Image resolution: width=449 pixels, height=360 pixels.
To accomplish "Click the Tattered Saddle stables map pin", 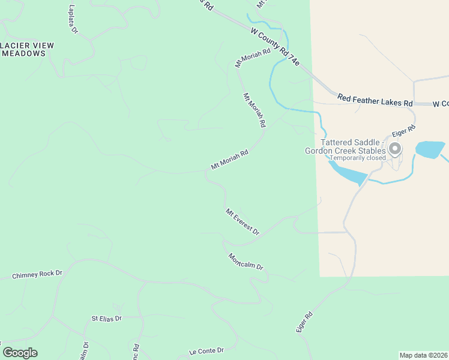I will click(x=395, y=148).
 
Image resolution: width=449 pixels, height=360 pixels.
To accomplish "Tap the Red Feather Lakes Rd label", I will click(x=375, y=100).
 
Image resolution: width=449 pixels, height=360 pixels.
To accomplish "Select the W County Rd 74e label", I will click(x=275, y=45).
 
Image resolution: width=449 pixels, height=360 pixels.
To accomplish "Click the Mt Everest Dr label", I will click(x=243, y=221).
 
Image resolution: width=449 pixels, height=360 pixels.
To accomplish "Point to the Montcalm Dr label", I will click(x=246, y=261).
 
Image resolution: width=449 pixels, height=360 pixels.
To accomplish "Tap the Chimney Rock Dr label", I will click(x=37, y=274).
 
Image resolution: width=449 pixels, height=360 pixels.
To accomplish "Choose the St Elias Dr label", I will click(x=106, y=318).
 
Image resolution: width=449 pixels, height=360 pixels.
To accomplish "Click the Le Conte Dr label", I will click(x=206, y=350).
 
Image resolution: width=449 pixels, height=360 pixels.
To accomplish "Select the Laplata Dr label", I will click(x=73, y=20).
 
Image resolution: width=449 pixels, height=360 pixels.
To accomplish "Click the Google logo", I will click(x=20, y=353).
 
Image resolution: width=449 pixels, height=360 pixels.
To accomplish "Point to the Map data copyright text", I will click(x=423, y=355).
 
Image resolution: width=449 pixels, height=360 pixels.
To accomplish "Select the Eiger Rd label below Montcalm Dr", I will click(x=305, y=322).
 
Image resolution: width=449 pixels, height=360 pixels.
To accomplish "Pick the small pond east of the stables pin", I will click(x=429, y=149).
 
